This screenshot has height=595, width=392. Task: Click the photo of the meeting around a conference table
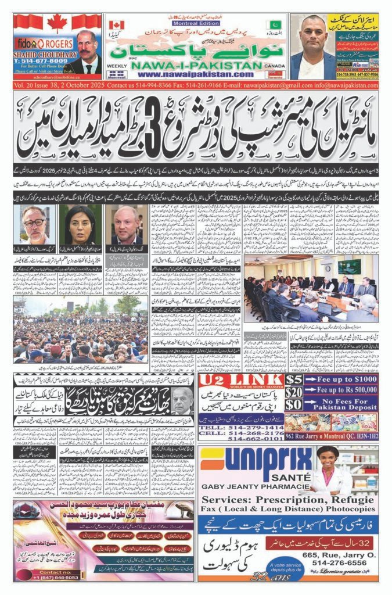pyautogui.click(x=311, y=288)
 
